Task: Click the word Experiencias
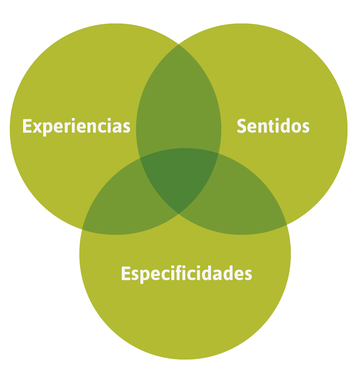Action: click(76, 126)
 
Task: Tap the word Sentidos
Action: click(273, 126)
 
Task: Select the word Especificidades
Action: click(186, 273)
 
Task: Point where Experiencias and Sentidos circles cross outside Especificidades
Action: click(179, 45)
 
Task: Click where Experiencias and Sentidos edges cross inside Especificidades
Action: click(179, 214)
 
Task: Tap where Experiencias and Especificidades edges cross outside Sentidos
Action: click(82, 229)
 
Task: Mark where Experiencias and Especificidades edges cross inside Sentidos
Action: click(219, 153)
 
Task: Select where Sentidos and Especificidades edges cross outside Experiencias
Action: click(287, 225)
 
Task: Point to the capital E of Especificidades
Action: click(126, 273)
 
